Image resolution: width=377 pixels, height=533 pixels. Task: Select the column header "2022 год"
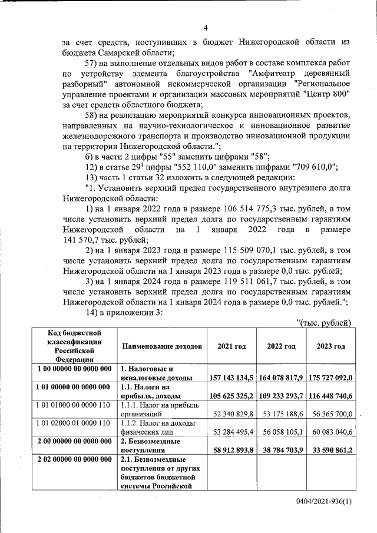[x=282, y=346]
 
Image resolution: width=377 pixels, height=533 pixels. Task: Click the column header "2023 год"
[x=330, y=346]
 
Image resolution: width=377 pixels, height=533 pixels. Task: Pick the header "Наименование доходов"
[x=161, y=346]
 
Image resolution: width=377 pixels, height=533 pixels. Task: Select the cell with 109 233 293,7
[x=282, y=396]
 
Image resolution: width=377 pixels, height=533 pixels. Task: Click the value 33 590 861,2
[x=330, y=451]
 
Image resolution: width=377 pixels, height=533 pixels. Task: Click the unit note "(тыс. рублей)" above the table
[x=325, y=322]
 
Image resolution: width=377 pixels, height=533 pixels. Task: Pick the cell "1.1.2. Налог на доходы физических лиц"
[x=161, y=428]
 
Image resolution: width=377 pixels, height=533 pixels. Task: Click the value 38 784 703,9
[x=282, y=451]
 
